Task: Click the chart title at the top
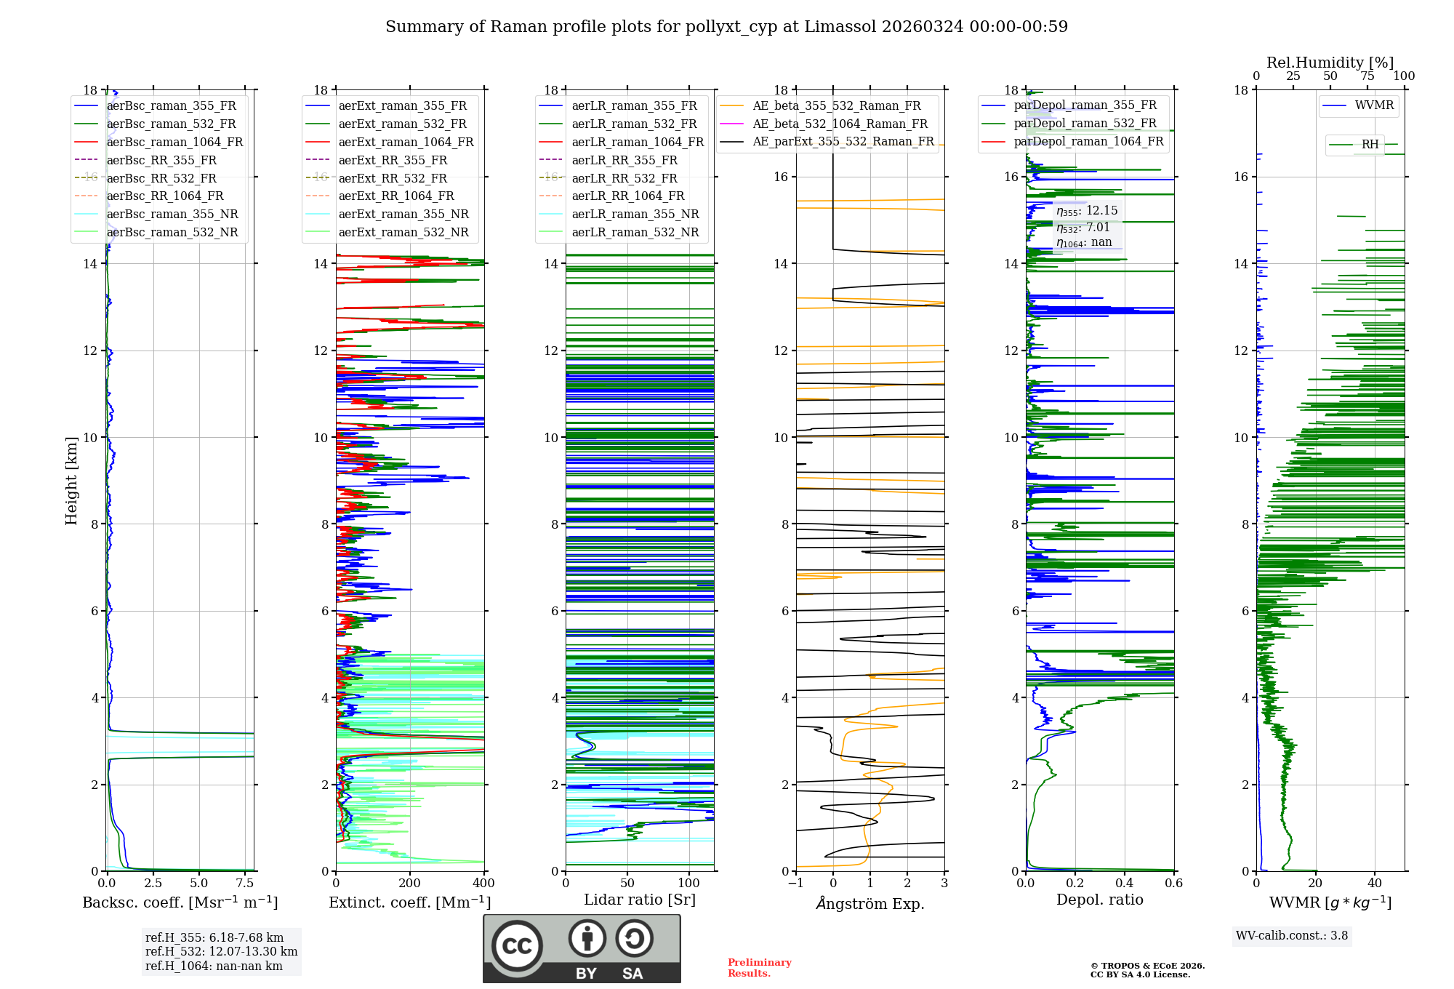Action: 726,27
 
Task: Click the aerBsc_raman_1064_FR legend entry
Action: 174,142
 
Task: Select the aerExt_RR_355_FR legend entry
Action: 393,160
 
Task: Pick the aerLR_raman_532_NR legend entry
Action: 635,232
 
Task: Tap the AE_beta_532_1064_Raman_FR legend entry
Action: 840,124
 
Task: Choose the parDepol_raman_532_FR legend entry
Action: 1085,123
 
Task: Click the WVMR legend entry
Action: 1374,105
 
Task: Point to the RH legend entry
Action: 1370,145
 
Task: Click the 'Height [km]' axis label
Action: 71,480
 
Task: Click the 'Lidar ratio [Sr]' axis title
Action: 640,900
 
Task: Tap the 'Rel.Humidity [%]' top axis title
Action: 1330,63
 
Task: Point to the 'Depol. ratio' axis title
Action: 1099,900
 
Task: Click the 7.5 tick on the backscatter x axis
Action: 245,883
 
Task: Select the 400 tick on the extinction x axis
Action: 483,883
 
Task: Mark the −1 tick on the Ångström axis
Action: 796,883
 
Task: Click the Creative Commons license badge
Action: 582,948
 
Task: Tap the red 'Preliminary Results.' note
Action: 759,967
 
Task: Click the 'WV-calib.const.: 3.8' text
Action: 1291,935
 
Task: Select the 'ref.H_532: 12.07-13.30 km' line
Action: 221,951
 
